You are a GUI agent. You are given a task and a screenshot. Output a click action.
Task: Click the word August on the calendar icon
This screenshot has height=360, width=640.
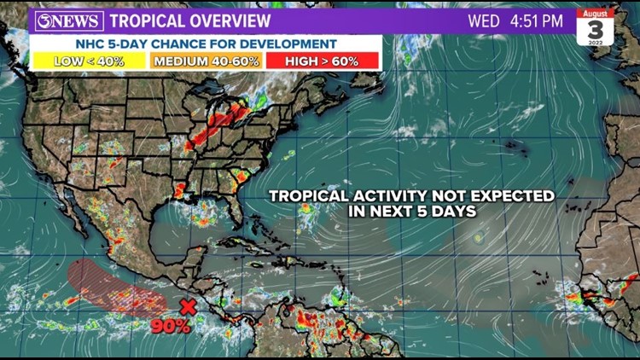595,12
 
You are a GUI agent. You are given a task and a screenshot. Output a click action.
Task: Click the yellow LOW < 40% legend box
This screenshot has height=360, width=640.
88,61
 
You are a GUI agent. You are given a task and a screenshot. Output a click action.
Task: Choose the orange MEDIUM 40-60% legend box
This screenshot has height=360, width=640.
207,61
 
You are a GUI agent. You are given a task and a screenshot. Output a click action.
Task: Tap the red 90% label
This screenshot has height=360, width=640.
171,325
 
